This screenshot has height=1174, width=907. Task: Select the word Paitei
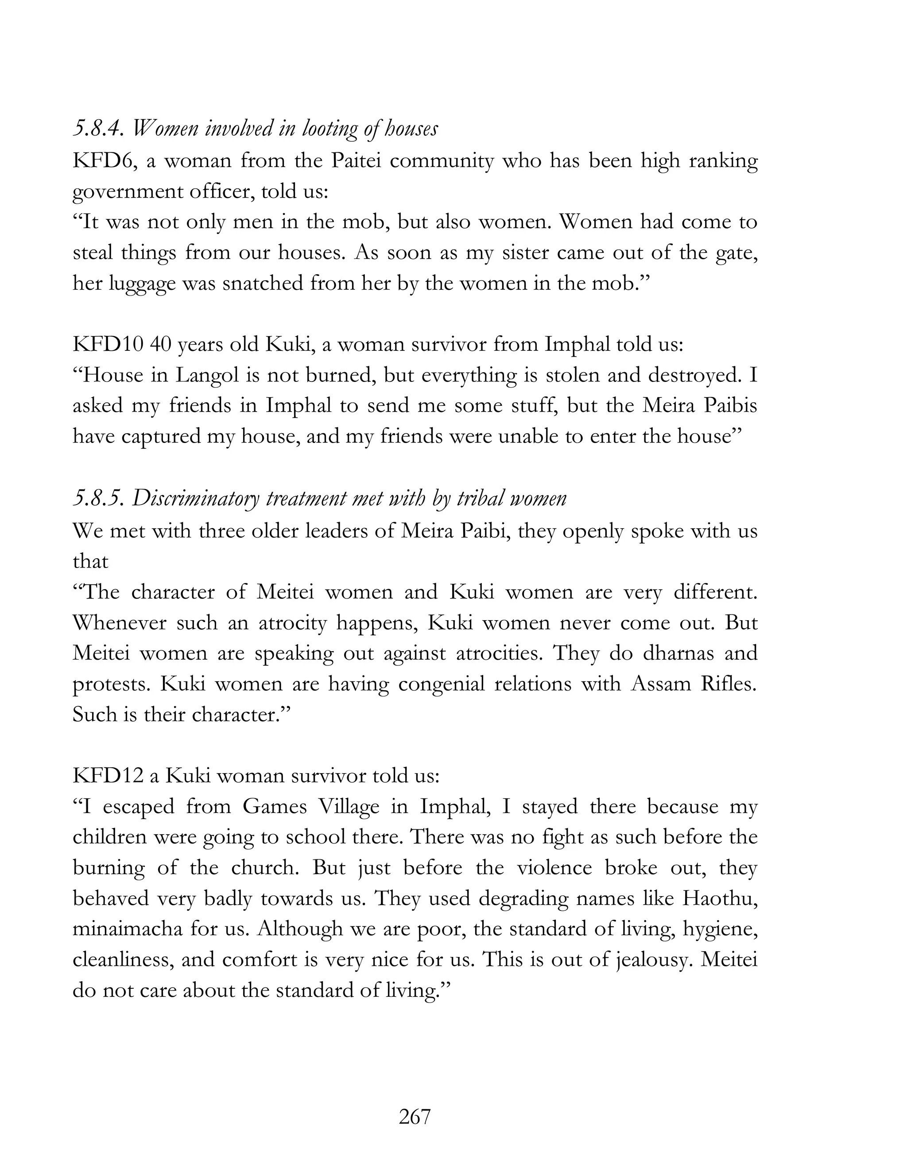click(x=355, y=161)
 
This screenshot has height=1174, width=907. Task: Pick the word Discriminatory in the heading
click(x=196, y=498)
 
